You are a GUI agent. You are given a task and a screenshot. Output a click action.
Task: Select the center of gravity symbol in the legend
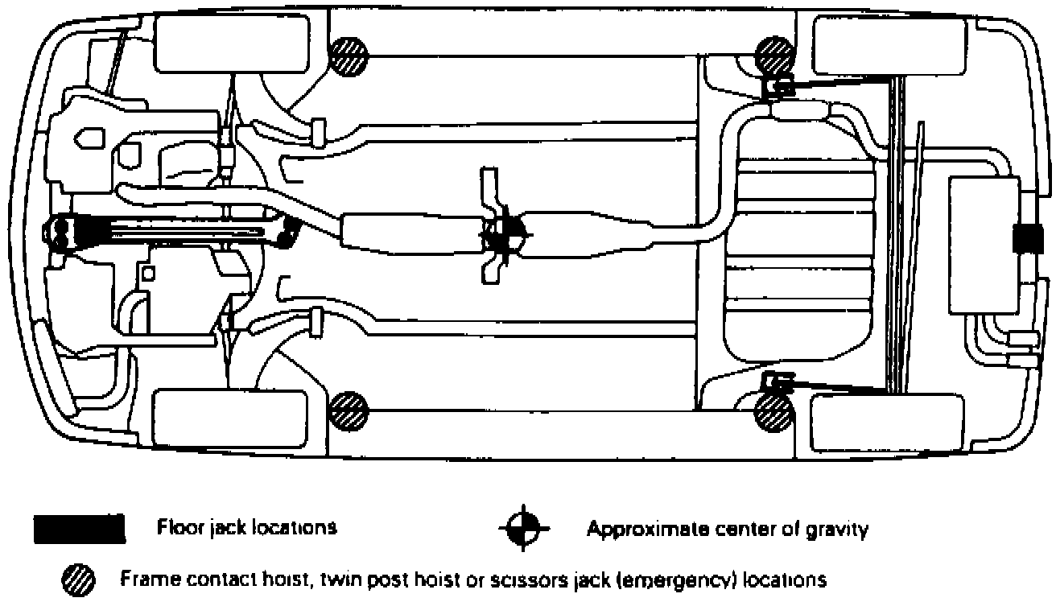click(x=524, y=529)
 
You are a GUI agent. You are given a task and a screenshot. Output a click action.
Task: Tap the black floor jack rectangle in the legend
click(x=79, y=529)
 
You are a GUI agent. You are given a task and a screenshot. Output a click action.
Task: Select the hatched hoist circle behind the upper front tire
click(x=349, y=57)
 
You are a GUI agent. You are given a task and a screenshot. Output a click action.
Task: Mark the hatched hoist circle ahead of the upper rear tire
click(x=774, y=56)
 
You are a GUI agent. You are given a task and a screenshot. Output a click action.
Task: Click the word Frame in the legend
click(x=142, y=579)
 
